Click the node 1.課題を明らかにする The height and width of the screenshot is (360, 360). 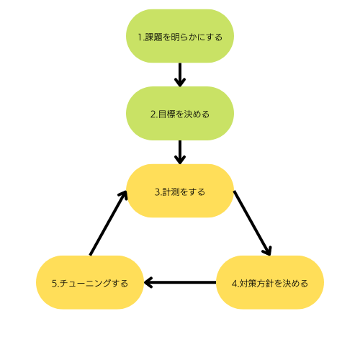click(x=180, y=36)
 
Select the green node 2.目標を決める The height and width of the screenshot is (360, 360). click(x=180, y=113)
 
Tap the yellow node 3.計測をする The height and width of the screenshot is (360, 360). click(x=180, y=191)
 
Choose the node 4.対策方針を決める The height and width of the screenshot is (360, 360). click(x=270, y=282)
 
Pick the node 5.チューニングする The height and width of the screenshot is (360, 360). click(x=90, y=282)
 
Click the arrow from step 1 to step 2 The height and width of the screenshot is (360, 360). click(x=180, y=75)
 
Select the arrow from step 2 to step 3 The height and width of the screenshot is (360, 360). click(x=180, y=152)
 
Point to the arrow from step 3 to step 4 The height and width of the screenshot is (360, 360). click(x=252, y=223)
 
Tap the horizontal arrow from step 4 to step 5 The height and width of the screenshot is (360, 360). click(x=180, y=282)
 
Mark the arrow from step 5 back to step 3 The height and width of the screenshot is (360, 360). click(x=108, y=223)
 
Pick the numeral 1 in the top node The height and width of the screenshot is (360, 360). click(x=140, y=37)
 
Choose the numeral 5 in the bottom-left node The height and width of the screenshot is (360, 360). click(x=54, y=284)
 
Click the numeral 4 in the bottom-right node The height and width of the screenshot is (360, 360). click(x=234, y=284)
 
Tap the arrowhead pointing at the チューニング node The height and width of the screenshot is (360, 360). click(x=148, y=282)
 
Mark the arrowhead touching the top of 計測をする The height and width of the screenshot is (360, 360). click(x=180, y=160)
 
